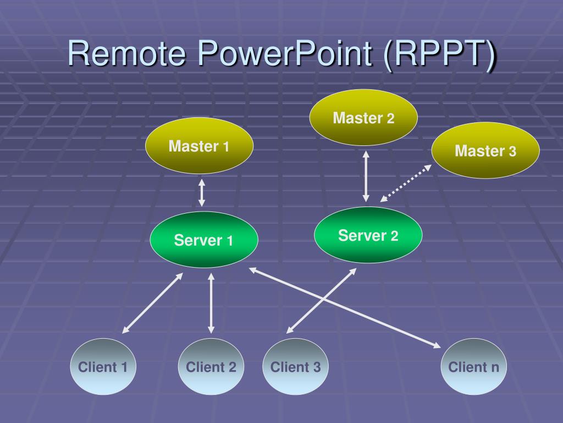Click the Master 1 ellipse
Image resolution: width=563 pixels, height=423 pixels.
(x=199, y=145)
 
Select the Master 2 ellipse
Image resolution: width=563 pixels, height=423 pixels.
(x=363, y=117)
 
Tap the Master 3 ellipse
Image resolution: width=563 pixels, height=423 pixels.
(x=485, y=150)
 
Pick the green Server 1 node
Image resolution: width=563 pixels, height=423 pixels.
(x=204, y=240)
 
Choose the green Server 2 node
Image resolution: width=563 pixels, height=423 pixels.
(x=368, y=235)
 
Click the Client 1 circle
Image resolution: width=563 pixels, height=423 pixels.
(x=103, y=366)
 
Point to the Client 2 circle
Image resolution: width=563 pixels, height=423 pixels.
(x=211, y=366)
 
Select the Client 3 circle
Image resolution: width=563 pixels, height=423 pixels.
(x=295, y=366)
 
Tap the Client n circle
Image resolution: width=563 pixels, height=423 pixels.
(x=473, y=366)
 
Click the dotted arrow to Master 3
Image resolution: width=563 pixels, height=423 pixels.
(x=406, y=183)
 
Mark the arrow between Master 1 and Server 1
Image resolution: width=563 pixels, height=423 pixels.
(x=202, y=193)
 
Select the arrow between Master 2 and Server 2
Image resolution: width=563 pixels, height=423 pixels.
(x=366, y=176)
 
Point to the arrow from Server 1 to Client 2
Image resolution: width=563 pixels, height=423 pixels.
(x=211, y=303)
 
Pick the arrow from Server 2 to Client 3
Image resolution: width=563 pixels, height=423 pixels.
(x=321, y=301)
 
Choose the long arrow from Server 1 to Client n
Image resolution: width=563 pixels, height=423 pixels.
(x=345, y=308)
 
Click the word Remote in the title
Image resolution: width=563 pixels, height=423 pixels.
(x=127, y=53)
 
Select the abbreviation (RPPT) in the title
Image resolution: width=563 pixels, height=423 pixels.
(x=440, y=56)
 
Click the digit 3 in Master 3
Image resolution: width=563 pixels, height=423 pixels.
(x=512, y=151)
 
